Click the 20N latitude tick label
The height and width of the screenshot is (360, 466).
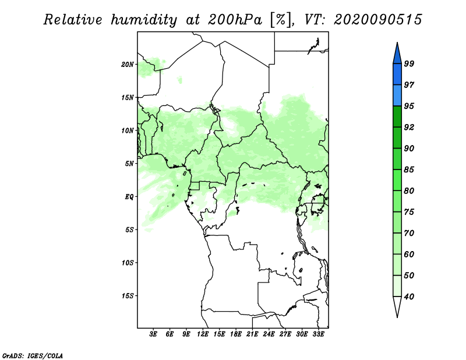(128, 65)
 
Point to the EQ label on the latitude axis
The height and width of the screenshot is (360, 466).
(129, 197)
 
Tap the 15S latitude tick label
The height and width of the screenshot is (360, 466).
(128, 296)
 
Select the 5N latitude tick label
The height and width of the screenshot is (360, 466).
(129, 164)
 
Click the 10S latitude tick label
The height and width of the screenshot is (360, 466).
(128, 263)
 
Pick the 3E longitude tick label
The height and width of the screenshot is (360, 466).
(153, 334)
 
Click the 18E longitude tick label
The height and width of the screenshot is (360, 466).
(235, 334)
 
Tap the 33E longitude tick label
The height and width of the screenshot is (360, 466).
(318, 334)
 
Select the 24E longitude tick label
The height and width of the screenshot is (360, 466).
(269, 334)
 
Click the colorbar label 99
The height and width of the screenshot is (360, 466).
(409, 63)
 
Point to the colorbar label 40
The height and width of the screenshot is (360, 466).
(409, 297)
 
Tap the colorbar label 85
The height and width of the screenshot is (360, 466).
(409, 170)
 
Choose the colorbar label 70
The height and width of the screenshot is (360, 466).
(409, 233)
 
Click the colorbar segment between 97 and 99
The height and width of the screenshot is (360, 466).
(397, 75)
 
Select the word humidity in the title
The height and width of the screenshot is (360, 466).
(144, 20)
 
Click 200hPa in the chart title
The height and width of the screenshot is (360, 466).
(235, 20)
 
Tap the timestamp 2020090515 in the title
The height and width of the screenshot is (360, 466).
(377, 20)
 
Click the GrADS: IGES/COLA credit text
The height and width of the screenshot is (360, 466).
(33, 355)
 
